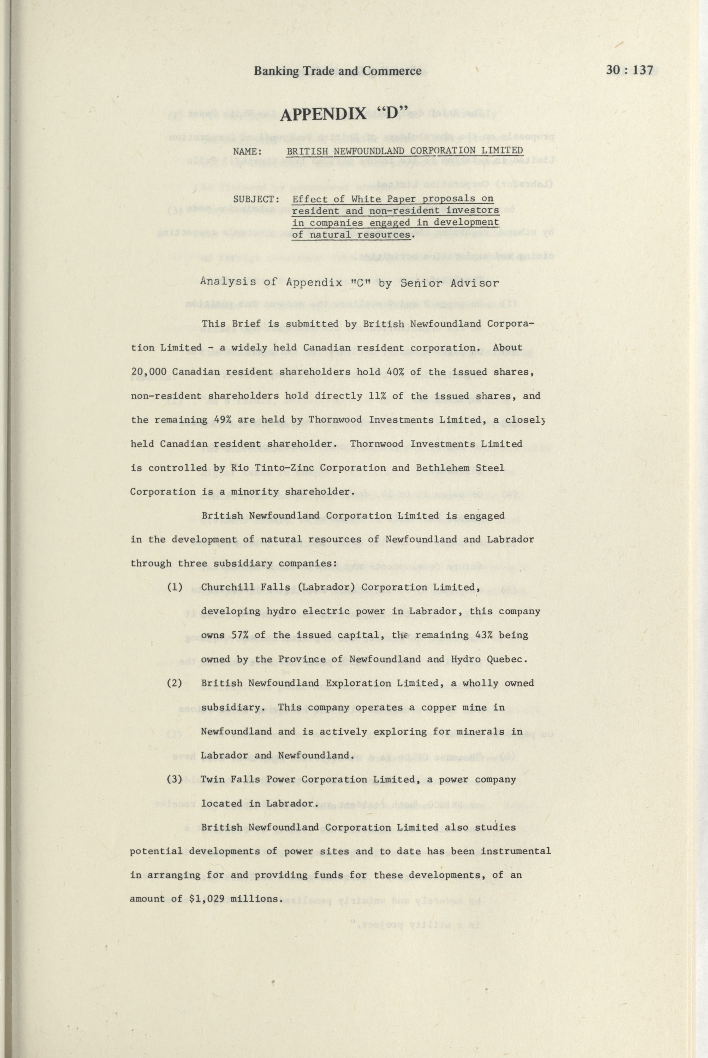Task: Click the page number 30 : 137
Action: [630, 70]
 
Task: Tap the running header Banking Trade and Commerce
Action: [337, 71]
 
